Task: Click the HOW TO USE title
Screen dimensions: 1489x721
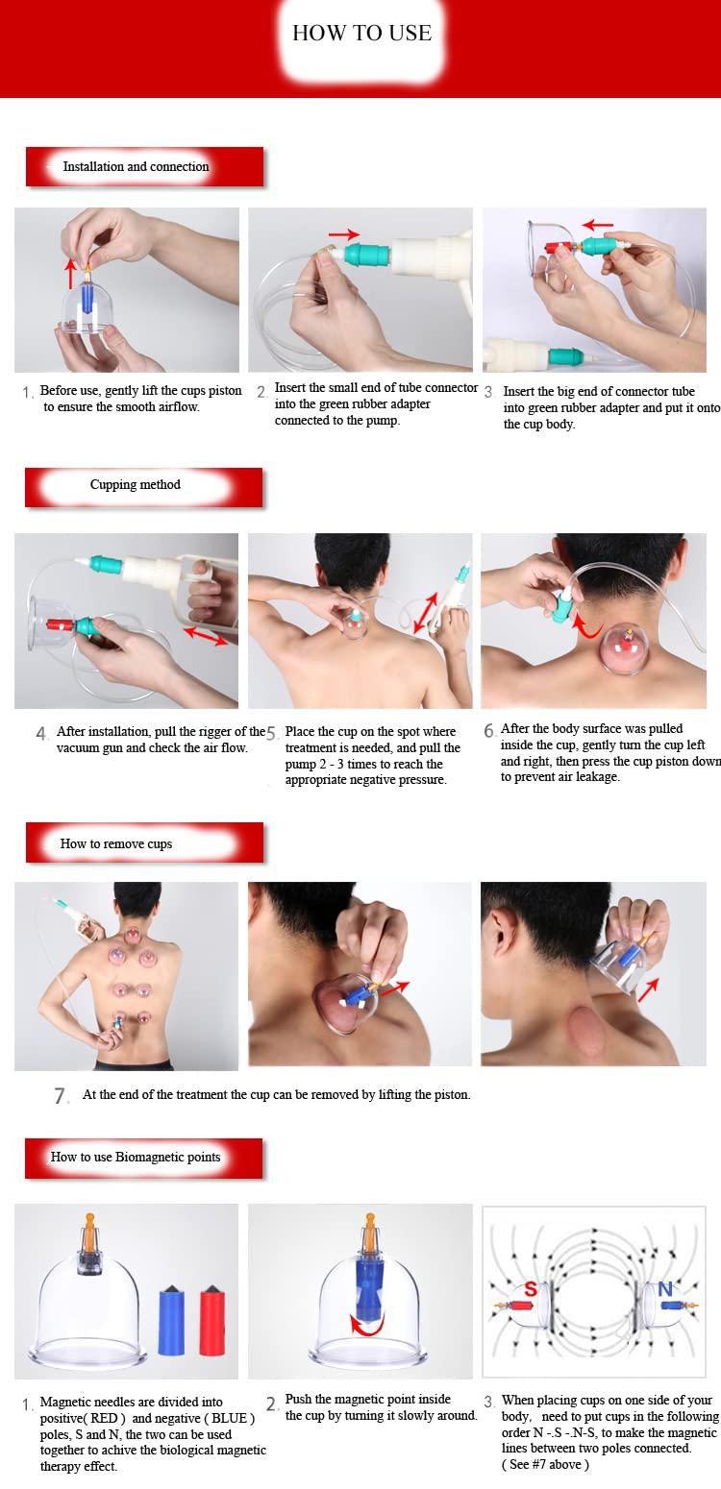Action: pyautogui.click(x=361, y=33)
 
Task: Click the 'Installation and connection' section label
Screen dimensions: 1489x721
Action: pyautogui.click(x=136, y=166)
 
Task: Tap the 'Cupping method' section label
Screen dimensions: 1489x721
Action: pyautogui.click(x=136, y=484)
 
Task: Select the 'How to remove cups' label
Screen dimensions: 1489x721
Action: pyautogui.click(x=116, y=843)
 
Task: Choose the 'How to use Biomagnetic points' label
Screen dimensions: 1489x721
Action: pyautogui.click(x=136, y=1157)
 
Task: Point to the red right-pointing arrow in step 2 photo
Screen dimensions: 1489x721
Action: pyautogui.click(x=342, y=233)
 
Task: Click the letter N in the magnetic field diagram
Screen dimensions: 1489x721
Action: pyautogui.click(x=664, y=1284)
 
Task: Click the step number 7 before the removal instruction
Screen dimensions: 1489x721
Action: pyautogui.click(x=61, y=1096)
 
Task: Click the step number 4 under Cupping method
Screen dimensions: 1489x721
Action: pyautogui.click(x=41, y=734)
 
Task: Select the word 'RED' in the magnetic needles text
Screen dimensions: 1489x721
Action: pyautogui.click(x=117, y=1417)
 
